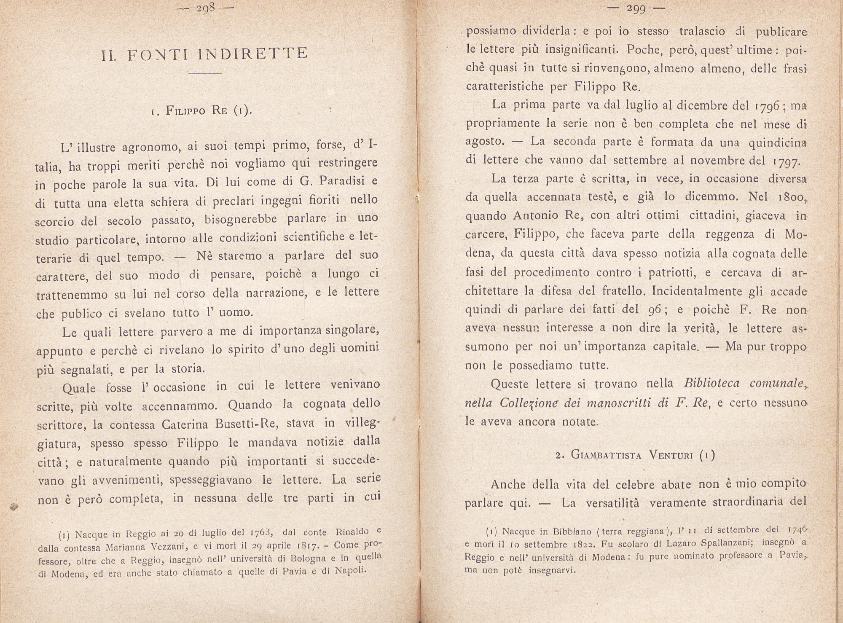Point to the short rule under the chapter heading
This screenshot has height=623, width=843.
(x=205, y=74)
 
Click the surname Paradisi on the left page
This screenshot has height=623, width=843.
(x=341, y=182)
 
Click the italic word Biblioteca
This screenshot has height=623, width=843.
(x=711, y=384)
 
